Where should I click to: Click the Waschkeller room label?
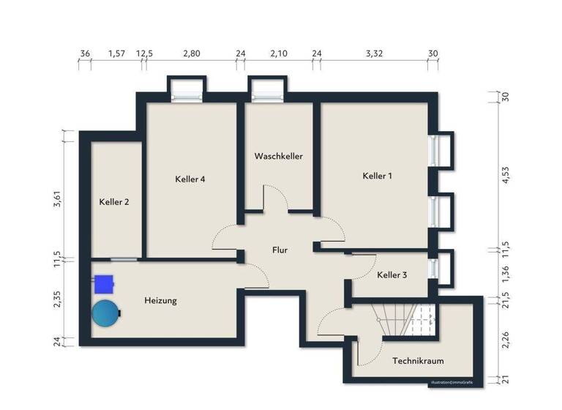pos(278,156)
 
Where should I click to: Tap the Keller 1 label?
pos(378,176)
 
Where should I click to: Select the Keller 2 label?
pos(114,202)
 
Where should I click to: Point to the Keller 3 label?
pos(392,275)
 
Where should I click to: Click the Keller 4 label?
pos(190,179)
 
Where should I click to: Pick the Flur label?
pos(280,250)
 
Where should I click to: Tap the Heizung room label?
pos(160,300)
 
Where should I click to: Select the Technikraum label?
pos(418,361)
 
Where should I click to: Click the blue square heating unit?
pos(104,282)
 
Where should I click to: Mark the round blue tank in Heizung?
pos(105,314)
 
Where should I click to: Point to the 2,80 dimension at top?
pos(191,53)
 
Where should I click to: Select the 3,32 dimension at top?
pos(373,53)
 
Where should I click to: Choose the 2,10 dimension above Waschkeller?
pos(279,53)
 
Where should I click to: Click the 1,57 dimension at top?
pos(116,53)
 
